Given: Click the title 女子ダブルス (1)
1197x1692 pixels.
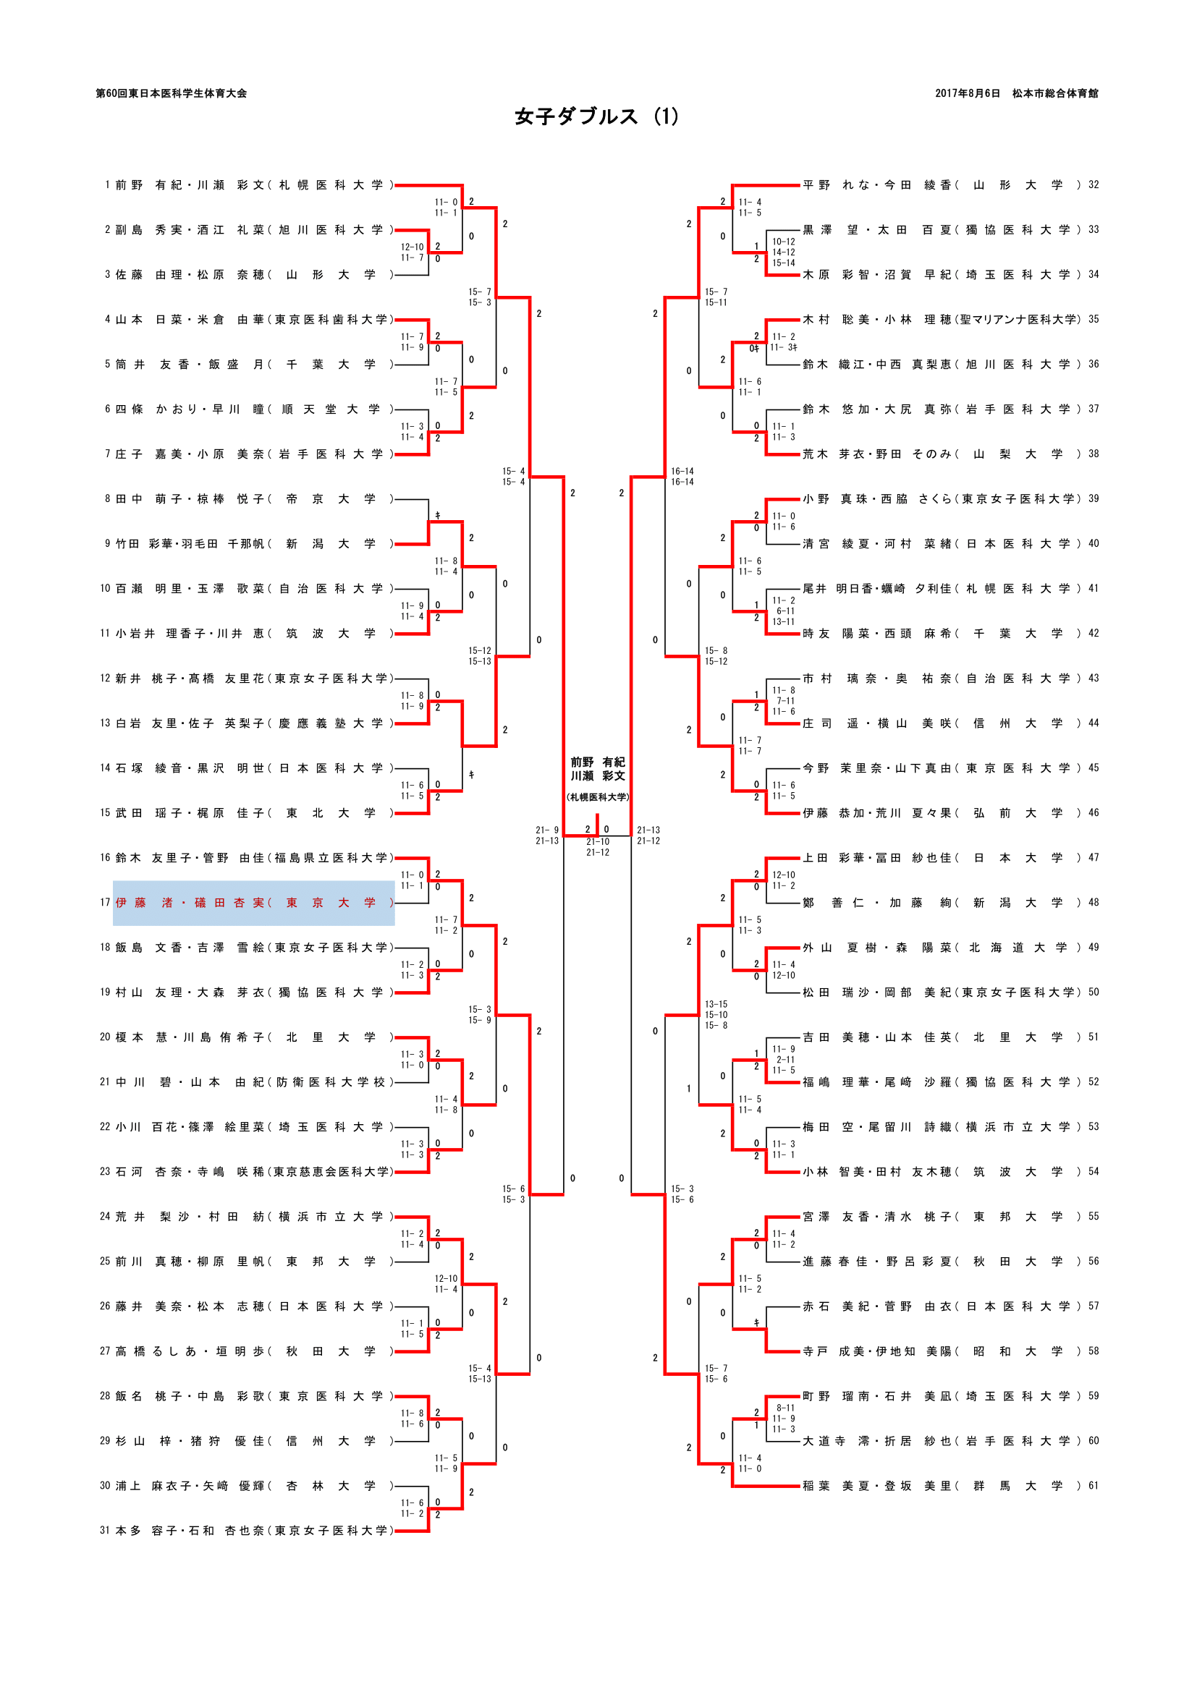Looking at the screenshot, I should tap(596, 117).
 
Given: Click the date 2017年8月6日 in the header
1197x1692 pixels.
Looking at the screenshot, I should tap(968, 93).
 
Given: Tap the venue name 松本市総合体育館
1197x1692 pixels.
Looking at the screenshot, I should tap(1054, 93).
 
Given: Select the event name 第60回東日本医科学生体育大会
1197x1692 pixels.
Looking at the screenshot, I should tap(171, 93).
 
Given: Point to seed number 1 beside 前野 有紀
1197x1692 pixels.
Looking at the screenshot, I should tap(107, 185).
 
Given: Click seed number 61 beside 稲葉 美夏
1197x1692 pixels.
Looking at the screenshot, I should tap(1093, 1486).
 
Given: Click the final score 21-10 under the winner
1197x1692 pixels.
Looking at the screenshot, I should tap(598, 841).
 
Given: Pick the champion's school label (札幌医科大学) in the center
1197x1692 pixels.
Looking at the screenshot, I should tap(597, 797).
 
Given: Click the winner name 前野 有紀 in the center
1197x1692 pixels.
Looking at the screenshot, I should tap(597, 762).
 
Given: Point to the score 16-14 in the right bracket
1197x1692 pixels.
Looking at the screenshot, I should tap(682, 472).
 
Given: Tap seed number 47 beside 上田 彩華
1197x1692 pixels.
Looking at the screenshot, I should tap(1093, 858).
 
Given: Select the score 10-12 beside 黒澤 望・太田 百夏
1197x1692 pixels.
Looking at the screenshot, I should tap(784, 242).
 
